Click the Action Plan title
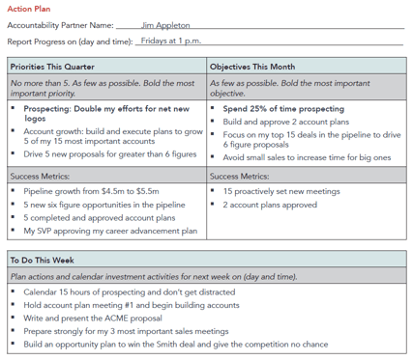[28, 9]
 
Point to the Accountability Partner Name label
[60, 25]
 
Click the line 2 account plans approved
[270, 206]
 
